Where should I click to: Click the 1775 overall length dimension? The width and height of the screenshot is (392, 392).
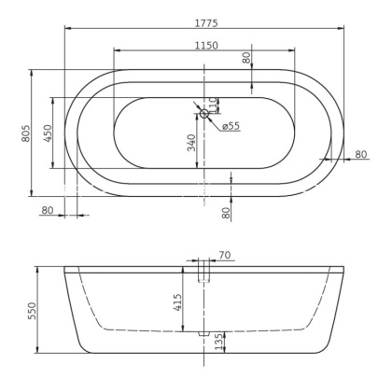coord(202,18)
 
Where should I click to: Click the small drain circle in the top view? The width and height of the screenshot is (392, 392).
coord(204,114)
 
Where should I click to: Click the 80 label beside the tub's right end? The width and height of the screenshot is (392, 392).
coord(360,154)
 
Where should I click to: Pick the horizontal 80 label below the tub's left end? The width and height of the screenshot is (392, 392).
coord(48,209)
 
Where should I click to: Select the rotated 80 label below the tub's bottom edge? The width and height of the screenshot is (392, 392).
coord(226,212)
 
